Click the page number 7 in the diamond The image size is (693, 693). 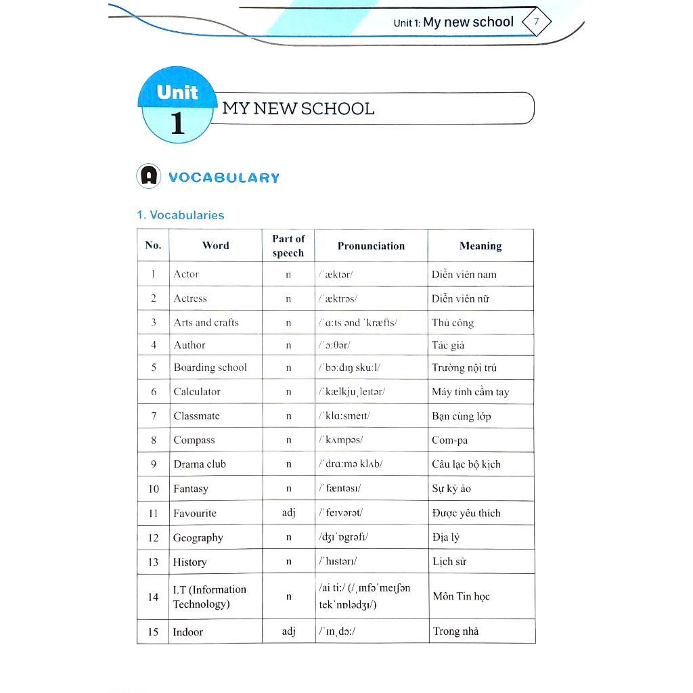[x=536, y=22]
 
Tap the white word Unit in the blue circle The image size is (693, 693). [x=177, y=92]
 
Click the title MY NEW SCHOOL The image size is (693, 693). [x=298, y=109]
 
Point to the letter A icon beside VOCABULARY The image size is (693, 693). [x=148, y=177]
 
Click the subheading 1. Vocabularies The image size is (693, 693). [x=180, y=215]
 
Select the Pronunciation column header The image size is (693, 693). [x=371, y=246]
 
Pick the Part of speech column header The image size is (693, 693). [x=288, y=246]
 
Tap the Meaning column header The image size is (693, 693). [x=480, y=246]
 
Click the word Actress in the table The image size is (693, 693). [x=190, y=298]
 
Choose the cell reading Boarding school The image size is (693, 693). [x=210, y=367]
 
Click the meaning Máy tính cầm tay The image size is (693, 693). [x=470, y=392]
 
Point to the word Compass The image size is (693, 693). [x=194, y=440]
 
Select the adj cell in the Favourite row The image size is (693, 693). [x=288, y=513]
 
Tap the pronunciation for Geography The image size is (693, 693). [x=344, y=537]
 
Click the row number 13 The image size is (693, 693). [x=153, y=562]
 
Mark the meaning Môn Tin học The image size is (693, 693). [x=461, y=596]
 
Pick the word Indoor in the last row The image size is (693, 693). [x=187, y=631]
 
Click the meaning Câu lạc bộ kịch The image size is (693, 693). [x=466, y=464]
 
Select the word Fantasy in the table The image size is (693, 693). [x=190, y=489]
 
